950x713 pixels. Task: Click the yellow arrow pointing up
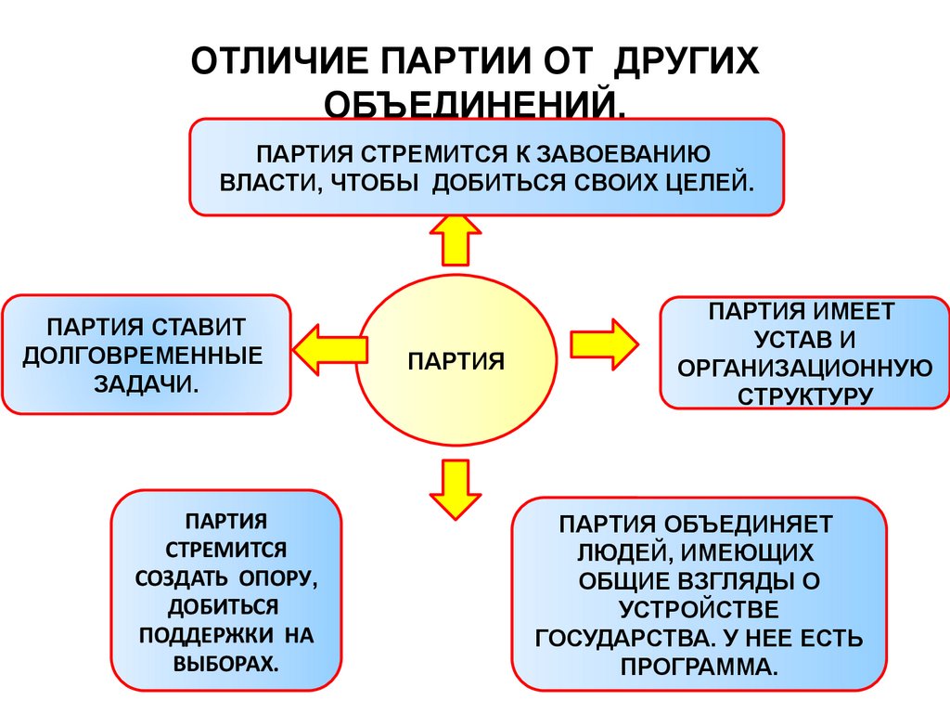coord(456,240)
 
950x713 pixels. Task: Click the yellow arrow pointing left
coord(329,348)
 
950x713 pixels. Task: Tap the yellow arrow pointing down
coord(456,488)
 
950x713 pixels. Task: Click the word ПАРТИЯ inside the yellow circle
coord(456,360)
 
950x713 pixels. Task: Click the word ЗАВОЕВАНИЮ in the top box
coord(617,151)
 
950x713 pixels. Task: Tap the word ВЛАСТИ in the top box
coord(259,181)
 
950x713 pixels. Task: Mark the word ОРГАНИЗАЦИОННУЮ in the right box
coord(804,368)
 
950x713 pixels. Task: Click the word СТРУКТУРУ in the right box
coord(804,395)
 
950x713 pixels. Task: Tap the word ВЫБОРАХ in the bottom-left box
coord(225,665)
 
